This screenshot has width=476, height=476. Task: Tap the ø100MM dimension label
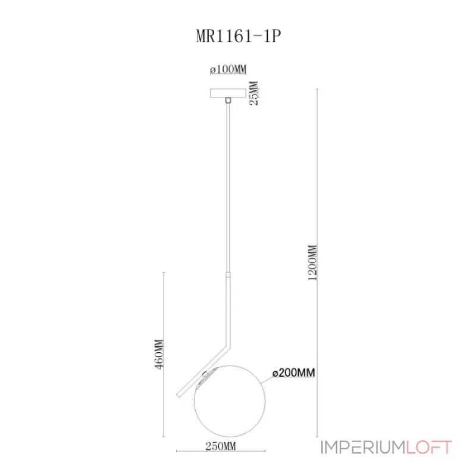228,70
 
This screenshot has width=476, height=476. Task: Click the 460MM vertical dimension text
158,355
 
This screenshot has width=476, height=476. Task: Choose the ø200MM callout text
293,373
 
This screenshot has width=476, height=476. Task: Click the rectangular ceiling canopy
228,93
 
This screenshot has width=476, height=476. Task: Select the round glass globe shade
229,400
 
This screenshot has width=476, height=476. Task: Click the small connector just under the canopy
228,102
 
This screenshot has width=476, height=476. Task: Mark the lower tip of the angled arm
178,394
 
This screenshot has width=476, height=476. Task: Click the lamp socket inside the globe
205,377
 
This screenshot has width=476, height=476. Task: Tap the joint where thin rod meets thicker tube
228,273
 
